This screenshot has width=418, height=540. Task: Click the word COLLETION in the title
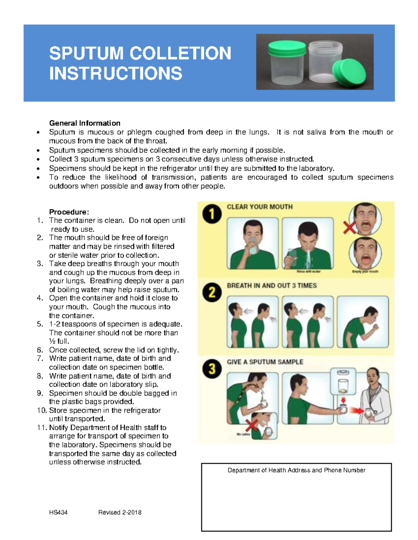tap(180, 53)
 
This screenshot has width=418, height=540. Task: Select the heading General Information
tap(85, 123)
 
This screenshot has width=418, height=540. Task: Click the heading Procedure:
tap(69, 212)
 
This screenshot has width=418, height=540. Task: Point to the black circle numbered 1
tap(212, 214)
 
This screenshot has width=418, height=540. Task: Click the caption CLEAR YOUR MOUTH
tap(260, 207)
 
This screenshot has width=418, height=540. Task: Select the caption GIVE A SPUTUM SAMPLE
tap(265, 362)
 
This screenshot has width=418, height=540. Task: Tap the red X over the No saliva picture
tap(252, 425)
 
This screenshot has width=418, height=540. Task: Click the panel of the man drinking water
tap(252, 243)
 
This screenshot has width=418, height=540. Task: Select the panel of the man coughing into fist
tap(362, 322)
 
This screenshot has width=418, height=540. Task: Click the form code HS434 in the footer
tap(58, 512)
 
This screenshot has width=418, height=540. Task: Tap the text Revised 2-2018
tap(119, 512)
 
